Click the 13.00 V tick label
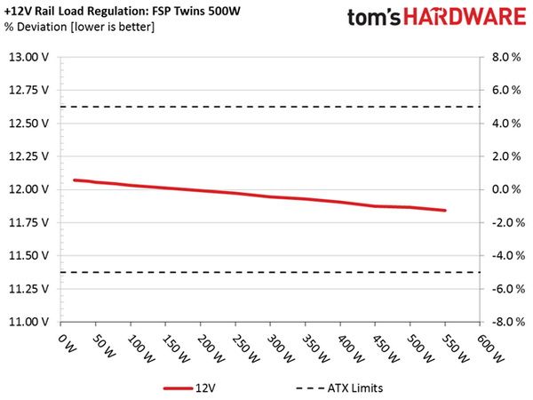(x=28, y=57)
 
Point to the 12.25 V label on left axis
(x=28, y=156)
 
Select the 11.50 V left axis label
(x=28, y=256)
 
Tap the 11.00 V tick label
(x=28, y=322)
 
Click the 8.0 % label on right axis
(x=506, y=57)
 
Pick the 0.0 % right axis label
(x=506, y=189)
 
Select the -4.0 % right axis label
(x=507, y=255)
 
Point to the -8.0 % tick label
(x=507, y=322)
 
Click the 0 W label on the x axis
(x=68, y=343)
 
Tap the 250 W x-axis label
(x=246, y=348)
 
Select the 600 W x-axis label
(x=491, y=348)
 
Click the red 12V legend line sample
(x=178, y=388)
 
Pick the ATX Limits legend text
(x=355, y=388)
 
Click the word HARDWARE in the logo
(x=465, y=17)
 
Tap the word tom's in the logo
(x=374, y=18)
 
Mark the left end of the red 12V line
(x=75, y=180)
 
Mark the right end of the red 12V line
(x=445, y=210)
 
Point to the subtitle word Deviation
(x=42, y=27)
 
